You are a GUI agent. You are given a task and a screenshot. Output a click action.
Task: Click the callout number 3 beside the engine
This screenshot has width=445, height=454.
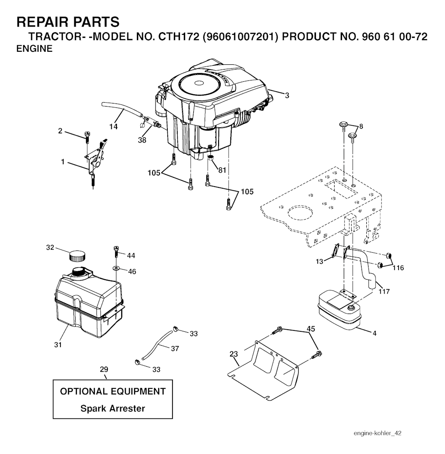287,95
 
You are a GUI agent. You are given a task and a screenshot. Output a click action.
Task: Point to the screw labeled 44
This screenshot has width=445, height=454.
116,252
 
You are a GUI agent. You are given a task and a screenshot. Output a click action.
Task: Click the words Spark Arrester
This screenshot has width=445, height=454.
113,409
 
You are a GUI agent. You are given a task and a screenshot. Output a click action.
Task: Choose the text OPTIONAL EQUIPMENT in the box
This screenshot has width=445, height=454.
113,391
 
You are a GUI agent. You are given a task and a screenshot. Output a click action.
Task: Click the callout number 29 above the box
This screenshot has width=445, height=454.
103,370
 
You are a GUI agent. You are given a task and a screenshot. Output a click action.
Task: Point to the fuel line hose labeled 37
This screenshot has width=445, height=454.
156,345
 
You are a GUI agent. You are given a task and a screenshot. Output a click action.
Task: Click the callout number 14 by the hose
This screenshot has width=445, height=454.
113,127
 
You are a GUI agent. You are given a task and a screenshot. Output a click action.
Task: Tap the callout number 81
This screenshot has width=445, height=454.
222,170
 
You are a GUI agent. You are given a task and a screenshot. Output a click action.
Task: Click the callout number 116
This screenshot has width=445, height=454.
398,268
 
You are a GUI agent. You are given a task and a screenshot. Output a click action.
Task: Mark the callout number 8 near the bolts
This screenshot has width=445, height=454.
361,127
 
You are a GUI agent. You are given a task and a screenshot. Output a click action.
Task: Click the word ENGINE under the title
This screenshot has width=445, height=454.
34,49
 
